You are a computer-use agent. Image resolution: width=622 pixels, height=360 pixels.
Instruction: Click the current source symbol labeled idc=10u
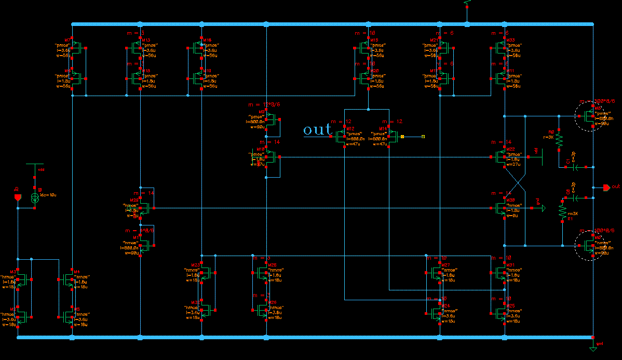pos(35,198)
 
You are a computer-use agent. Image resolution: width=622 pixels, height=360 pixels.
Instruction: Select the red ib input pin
pos(18,197)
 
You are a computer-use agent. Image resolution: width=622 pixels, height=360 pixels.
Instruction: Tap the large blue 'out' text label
pos(317,129)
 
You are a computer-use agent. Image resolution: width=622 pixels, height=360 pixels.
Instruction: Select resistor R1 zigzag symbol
pos(562,210)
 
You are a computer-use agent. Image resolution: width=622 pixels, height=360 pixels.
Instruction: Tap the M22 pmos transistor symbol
pos(501,156)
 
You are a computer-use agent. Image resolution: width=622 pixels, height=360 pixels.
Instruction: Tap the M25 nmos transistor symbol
pos(501,313)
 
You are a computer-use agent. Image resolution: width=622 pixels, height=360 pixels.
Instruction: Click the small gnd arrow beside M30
pos(541,208)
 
